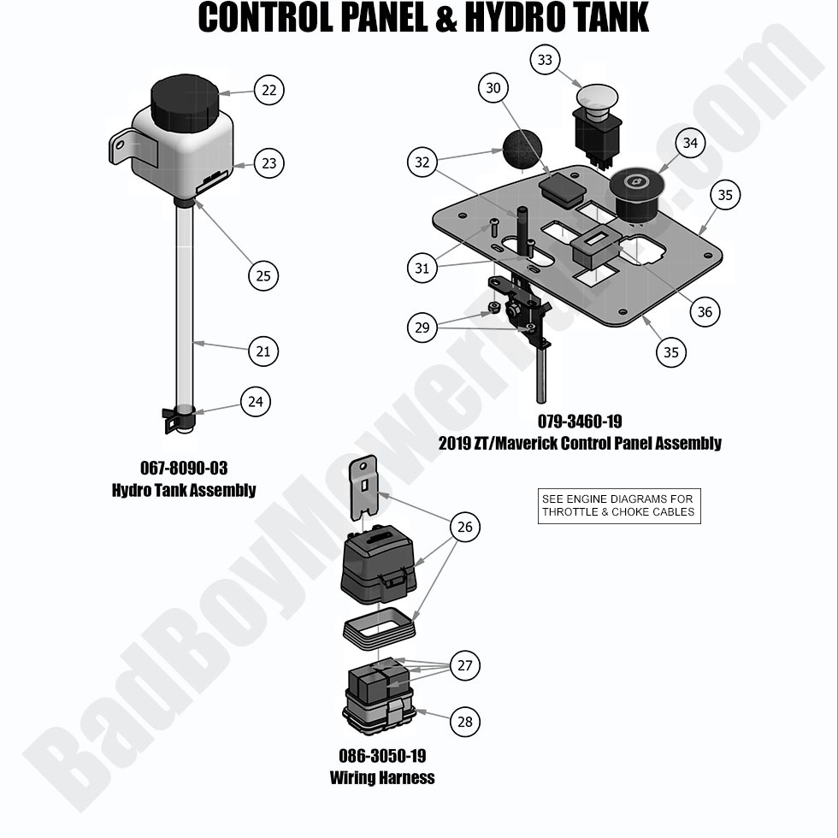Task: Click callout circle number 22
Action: coord(269,90)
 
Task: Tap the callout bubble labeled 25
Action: coord(263,275)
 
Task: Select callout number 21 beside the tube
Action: coord(263,351)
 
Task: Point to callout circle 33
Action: coord(545,60)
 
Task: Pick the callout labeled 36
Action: coord(705,312)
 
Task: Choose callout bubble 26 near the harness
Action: coord(464,527)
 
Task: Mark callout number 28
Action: coord(464,722)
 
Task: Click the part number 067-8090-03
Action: coord(184,469)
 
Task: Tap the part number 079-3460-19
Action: coord(580,422)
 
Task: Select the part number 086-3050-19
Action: coord(382,757)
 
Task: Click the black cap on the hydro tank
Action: coord(184,101)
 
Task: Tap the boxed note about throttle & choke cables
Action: coord(619,506)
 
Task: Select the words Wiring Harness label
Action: coord(382,778)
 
